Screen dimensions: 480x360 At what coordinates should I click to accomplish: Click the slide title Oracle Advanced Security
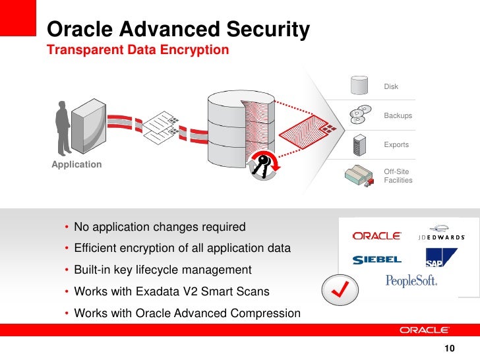[179, 30]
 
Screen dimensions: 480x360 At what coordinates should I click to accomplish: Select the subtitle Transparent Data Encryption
[138, 50]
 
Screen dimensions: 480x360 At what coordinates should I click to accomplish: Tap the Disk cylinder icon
[359, 86]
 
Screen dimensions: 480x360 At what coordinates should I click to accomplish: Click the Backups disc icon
[359, 115]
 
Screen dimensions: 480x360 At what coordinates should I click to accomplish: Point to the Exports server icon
[359, 144]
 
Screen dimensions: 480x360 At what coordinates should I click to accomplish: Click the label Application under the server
[76, 164]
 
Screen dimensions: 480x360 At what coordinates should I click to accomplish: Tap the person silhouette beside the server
[63, 129]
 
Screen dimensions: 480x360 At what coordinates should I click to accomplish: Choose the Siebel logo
[376, 259]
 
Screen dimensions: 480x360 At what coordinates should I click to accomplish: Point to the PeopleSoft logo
[411, 280]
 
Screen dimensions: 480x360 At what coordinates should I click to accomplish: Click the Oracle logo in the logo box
[376, 235]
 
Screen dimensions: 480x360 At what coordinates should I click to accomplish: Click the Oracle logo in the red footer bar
[424, 330]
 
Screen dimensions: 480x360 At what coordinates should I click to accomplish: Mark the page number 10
[450, 349]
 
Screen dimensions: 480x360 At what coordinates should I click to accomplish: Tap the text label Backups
[398, 115]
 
